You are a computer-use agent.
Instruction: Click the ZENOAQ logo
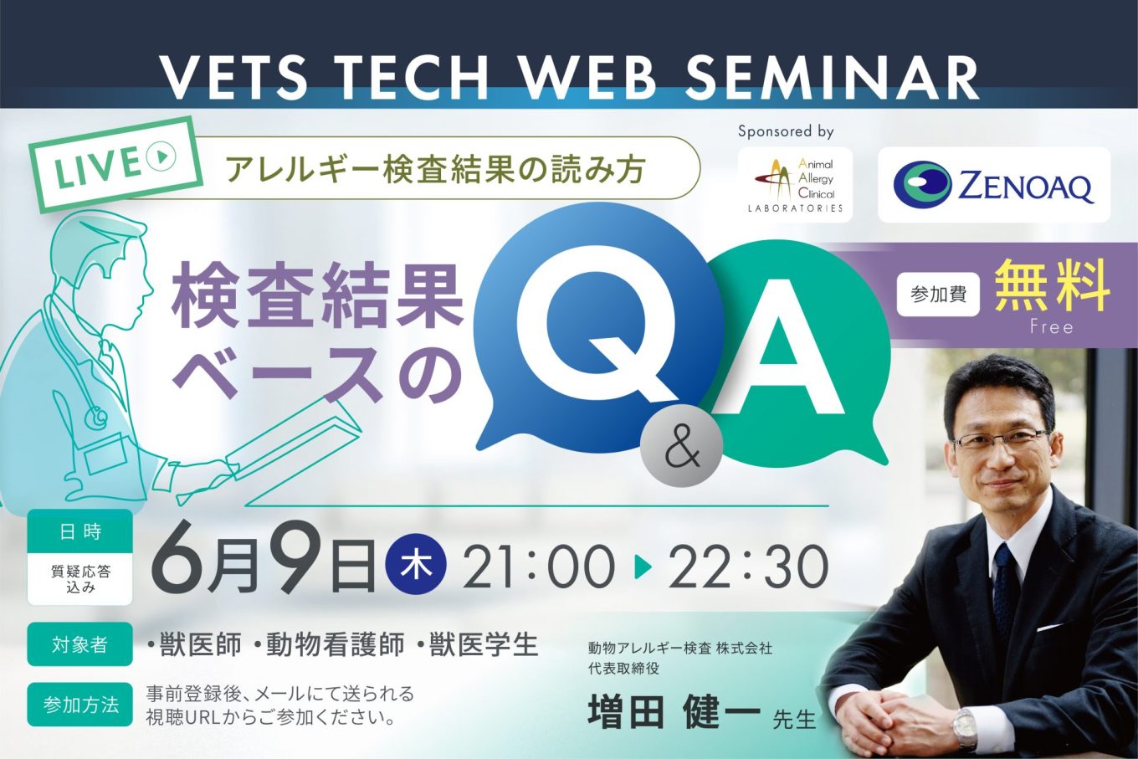(x=994, y=185)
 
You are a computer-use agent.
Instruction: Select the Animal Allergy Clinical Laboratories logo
(x=795, y=184)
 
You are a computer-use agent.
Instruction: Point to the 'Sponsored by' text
(x=786, y=131)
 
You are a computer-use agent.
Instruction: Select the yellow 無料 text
(x=1052, y=286)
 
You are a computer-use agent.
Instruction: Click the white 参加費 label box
(x=938, y=295)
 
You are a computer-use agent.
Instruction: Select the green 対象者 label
(x=79, y=644)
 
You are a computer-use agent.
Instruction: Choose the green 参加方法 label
(x=79, y=705)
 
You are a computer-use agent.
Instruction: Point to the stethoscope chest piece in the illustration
(x=96, y=418)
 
